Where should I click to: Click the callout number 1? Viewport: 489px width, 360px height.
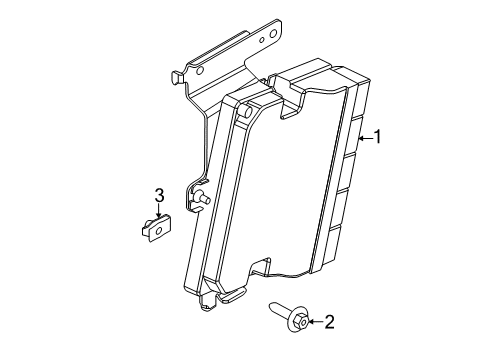tap(377, 137)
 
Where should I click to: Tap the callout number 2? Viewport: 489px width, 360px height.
tap(329, 322)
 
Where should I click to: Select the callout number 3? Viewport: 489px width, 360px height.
tap(160, 195)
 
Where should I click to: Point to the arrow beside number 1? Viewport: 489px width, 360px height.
tap(365, 137)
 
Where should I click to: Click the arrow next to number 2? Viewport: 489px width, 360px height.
tap(316, 322)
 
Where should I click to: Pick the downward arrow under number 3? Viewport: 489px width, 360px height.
tap(159, 211)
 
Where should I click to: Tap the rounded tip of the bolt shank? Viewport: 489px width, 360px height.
tap(271, 305)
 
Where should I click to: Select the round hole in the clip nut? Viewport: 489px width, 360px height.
tap(159, 230)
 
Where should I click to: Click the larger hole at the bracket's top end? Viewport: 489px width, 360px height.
tap(273, 34)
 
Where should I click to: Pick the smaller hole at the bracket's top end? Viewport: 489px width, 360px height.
tap(262, 40)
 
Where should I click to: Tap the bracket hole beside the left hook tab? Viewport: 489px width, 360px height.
tap(200, 70)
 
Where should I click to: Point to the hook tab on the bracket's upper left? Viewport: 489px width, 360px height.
tap(177, 77)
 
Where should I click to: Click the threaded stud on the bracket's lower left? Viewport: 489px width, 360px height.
tap(203, 197)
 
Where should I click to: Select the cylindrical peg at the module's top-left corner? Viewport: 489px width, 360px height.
tap(246, 111)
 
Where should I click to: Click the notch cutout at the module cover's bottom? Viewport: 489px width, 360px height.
tap(261, 266)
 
